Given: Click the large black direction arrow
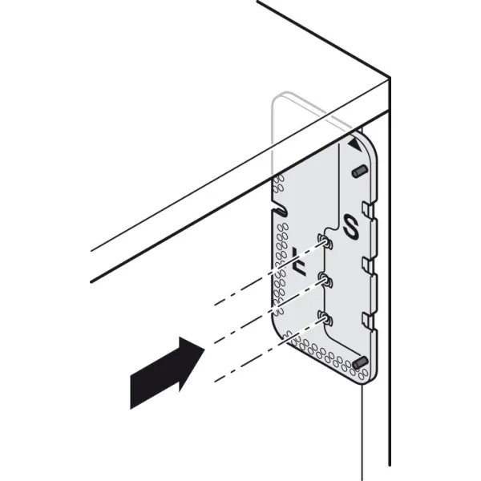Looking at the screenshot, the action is coord(168,373).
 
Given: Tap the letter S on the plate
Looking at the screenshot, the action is coord(352,226).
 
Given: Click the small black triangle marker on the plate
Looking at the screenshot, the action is coord(354,145).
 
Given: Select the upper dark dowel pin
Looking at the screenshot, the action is coord(359,172).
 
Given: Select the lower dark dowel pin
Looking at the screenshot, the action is coord(361,362).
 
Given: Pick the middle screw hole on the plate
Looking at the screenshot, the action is coord(325,280).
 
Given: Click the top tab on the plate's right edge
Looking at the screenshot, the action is coord(367,210).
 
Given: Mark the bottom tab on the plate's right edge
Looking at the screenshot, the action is coord(367,321).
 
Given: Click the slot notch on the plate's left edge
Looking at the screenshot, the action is coord(279,209).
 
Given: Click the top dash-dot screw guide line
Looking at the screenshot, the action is coord(270,273).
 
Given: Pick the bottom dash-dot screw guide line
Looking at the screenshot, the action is coord(270,350).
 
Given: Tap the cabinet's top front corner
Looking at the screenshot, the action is coord(390,76).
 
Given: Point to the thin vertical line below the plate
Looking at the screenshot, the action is coord(363,432).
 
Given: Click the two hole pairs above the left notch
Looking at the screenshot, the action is coord(278,184).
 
